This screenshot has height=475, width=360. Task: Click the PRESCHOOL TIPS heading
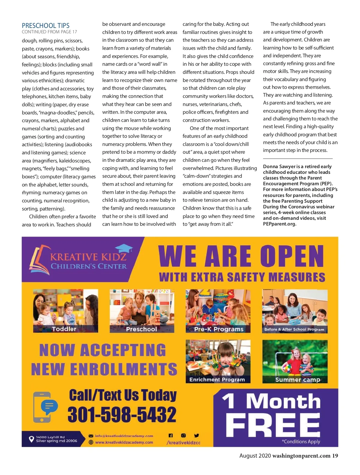click(x=46, y=26)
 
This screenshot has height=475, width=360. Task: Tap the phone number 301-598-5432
click(x=122, y=415)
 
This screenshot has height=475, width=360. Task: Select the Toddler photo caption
click(x=64, y=329)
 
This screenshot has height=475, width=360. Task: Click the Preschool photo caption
click(x=141, y=329)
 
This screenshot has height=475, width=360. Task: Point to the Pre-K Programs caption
click(x=219, y=329)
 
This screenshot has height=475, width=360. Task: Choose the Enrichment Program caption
click(x=217, y=380)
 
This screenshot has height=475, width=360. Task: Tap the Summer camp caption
click(x=298, y=380)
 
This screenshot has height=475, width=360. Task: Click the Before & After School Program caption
click(x=294, y=329)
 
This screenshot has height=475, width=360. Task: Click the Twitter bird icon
click(x=196, y=435)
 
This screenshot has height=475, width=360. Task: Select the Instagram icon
click(x=183, y=435)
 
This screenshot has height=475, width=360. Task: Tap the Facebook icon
click(x=171, y=435)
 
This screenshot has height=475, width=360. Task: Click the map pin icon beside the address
click(x=31, y=439)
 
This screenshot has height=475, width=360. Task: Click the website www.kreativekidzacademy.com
click(x=124, y=442)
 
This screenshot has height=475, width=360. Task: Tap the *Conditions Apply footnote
click(x=301, y=441)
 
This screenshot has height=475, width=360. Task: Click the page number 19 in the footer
click(x=335, y=456)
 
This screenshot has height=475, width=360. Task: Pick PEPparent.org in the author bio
click(x=280, y=224)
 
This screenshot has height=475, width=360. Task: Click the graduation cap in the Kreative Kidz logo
click(x=124, y=248)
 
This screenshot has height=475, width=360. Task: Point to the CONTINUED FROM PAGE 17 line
click(x=49, y=32)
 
